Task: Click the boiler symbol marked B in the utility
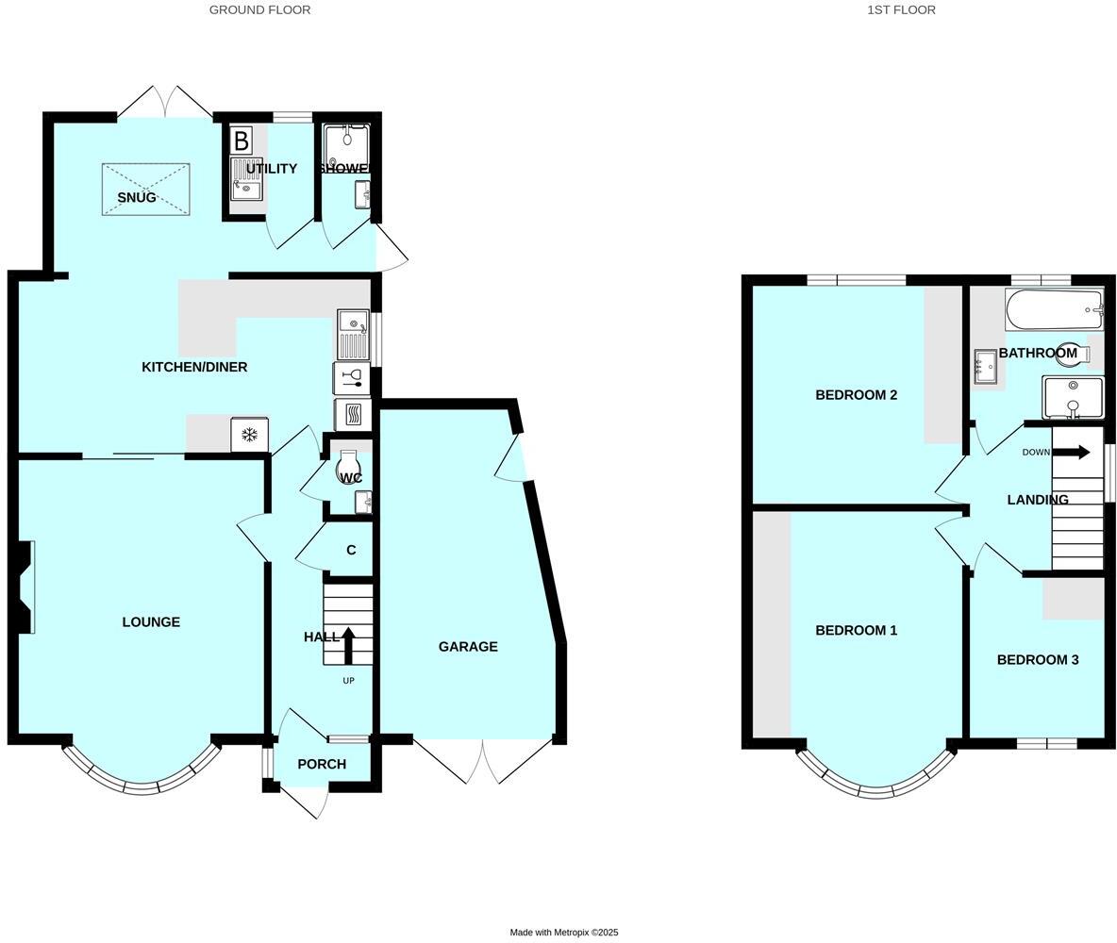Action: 242,141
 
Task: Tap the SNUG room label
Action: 137,197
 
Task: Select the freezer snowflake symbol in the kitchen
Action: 250,435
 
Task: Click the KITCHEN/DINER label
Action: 194,367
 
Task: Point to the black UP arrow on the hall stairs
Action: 348,646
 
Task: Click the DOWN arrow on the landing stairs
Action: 1071,452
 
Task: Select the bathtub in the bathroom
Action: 1054,309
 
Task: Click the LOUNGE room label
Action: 151,622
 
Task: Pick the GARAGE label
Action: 468,647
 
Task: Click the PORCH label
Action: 322,764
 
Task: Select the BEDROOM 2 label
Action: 856,395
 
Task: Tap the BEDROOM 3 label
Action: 1037,660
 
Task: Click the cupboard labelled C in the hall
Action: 351,551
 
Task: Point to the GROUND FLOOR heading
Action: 259,9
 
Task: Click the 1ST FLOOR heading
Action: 901,9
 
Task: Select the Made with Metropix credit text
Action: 564,933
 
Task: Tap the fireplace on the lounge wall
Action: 25,587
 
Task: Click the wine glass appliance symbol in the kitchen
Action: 352,378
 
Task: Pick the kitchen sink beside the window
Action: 352,334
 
